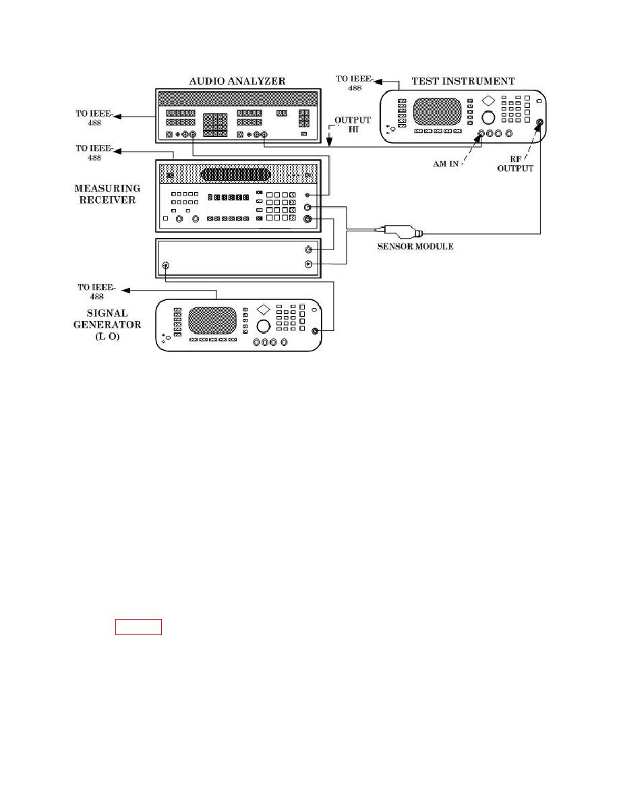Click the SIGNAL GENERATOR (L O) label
(117, 324)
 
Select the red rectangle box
(138, 627)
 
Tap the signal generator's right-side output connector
(315, 331)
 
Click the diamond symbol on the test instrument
(489, 100)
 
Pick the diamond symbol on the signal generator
(264, 309)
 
